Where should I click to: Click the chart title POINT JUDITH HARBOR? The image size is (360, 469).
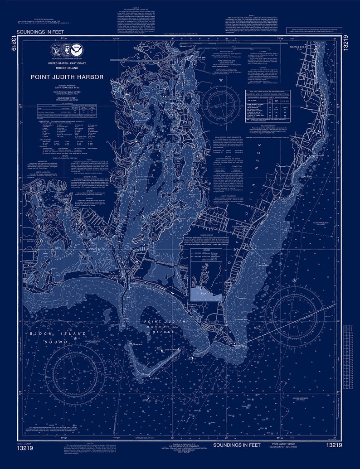67,77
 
